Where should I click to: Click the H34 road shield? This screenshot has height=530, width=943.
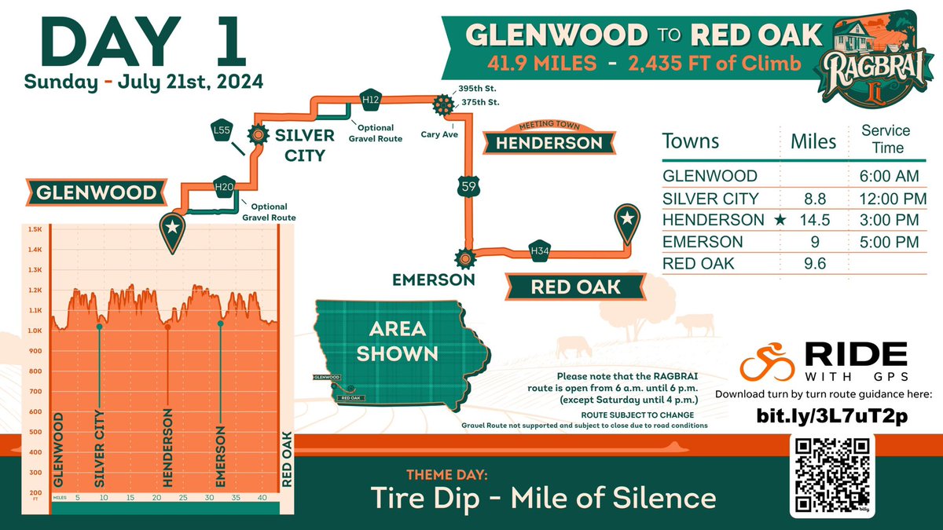[x=539, y=250]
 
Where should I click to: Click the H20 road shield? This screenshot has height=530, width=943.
[x=225, y=186]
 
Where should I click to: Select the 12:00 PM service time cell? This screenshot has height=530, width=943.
[x=886, y=198]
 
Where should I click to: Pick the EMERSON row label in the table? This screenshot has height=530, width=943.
[x=703, y=242]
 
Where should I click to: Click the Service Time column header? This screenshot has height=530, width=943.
[x=886, y=139]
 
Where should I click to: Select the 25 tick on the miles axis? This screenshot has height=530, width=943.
[x=182, y=497]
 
